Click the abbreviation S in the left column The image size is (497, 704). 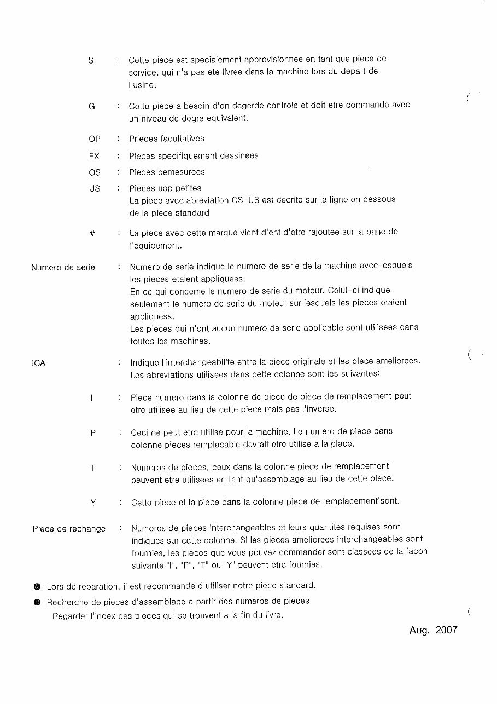[91, 60]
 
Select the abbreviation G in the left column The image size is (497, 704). [92, 107]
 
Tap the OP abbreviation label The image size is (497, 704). [95, 139]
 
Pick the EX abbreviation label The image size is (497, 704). [94, 156]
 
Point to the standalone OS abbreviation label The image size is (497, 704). [95, 172]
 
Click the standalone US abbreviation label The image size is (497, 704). [95, 189]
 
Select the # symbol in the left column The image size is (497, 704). [92, 233]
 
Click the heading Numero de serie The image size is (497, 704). [63, 268]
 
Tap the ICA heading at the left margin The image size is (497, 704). [39, 363]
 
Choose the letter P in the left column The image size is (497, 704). [93, 433]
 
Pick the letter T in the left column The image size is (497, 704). [93, 468]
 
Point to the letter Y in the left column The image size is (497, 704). [93, 503]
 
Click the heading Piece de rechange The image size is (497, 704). [69, 529]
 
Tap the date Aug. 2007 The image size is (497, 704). [433, 630]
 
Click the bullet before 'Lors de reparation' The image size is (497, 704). [37, 587]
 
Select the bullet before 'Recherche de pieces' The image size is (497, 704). [37, 602]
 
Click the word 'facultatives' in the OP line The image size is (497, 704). [183, 139]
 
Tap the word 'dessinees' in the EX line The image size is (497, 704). [239, 156]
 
